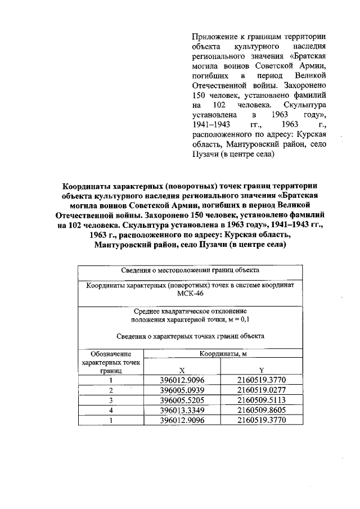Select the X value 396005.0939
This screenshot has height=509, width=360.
182,390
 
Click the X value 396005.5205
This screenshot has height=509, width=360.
182,400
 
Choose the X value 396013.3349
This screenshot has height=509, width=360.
182,410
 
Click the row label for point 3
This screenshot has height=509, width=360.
111,400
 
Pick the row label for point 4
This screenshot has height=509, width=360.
111,410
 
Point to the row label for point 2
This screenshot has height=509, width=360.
111,390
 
